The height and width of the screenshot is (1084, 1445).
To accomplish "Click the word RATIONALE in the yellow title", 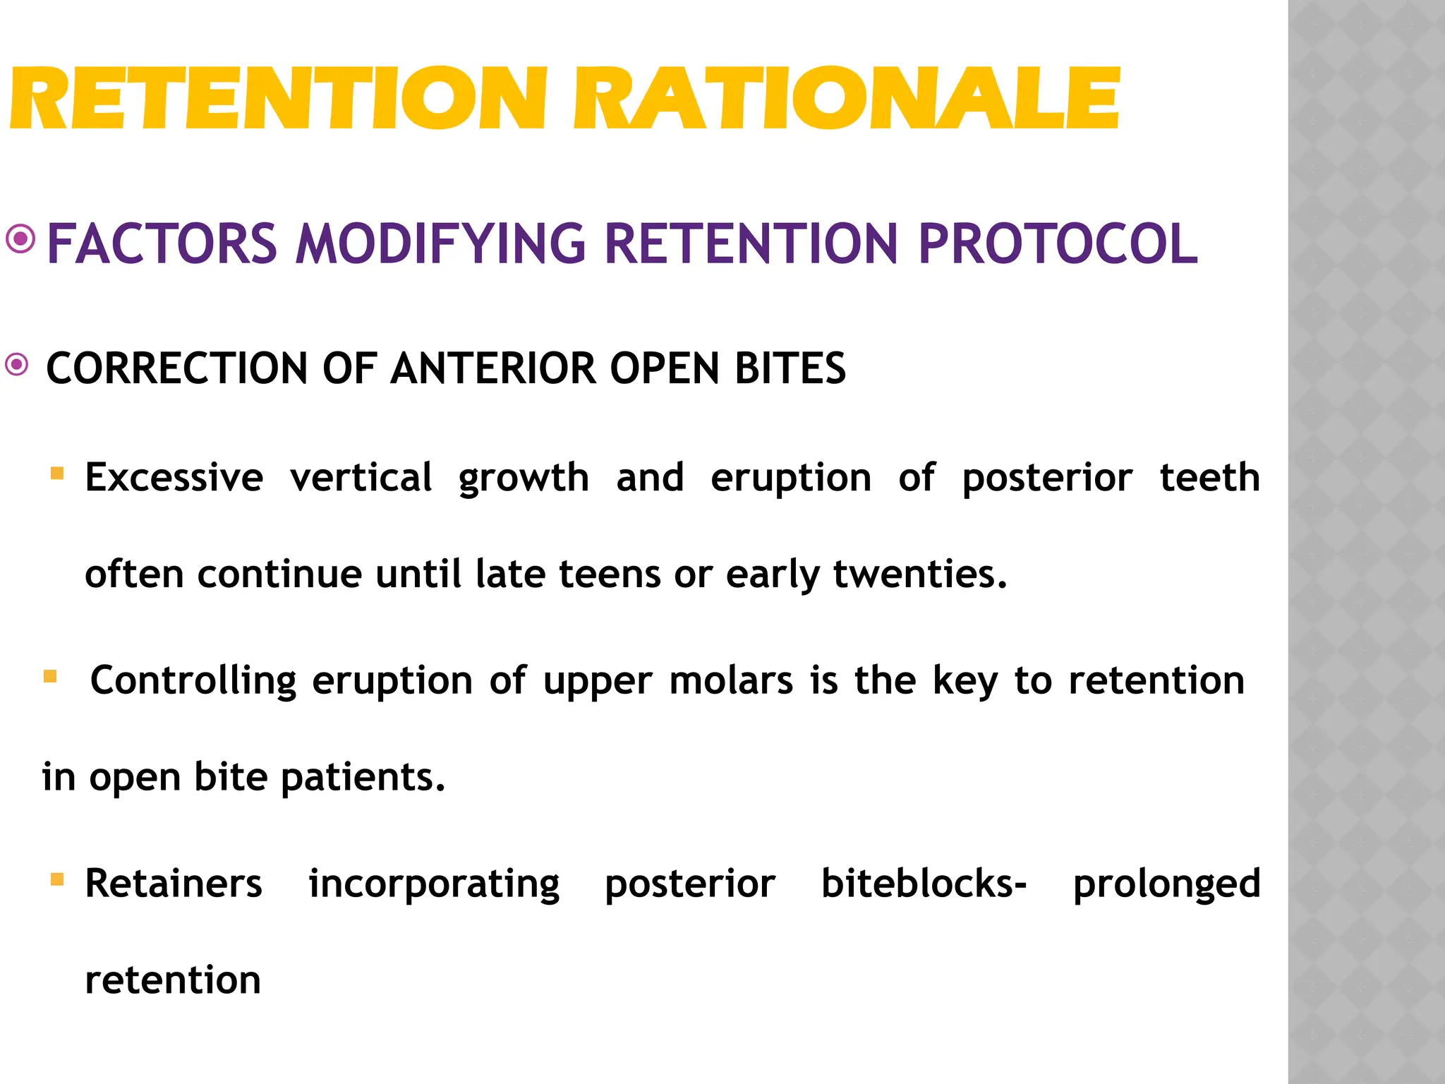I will [847, 99].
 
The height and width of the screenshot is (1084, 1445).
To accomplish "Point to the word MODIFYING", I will [441, 244].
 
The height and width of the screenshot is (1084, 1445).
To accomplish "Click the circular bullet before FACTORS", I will [20, 239].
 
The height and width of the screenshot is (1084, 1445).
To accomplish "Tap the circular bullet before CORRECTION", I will [17, 365].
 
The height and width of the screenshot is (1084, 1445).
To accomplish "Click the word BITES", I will [790, 368].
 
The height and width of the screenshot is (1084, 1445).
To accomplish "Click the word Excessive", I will [174, 478].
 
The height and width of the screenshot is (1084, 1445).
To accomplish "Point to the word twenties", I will [920, 574].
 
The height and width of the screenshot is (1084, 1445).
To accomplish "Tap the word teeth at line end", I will [1209, 478].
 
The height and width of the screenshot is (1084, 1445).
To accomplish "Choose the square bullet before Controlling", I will [50, 677].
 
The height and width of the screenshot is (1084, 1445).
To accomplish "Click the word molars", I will [731, 681].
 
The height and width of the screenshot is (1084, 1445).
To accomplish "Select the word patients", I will [363, 778].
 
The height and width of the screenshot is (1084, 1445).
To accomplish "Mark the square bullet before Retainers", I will [57, 879].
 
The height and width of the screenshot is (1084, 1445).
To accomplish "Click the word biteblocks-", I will [924, 884].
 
